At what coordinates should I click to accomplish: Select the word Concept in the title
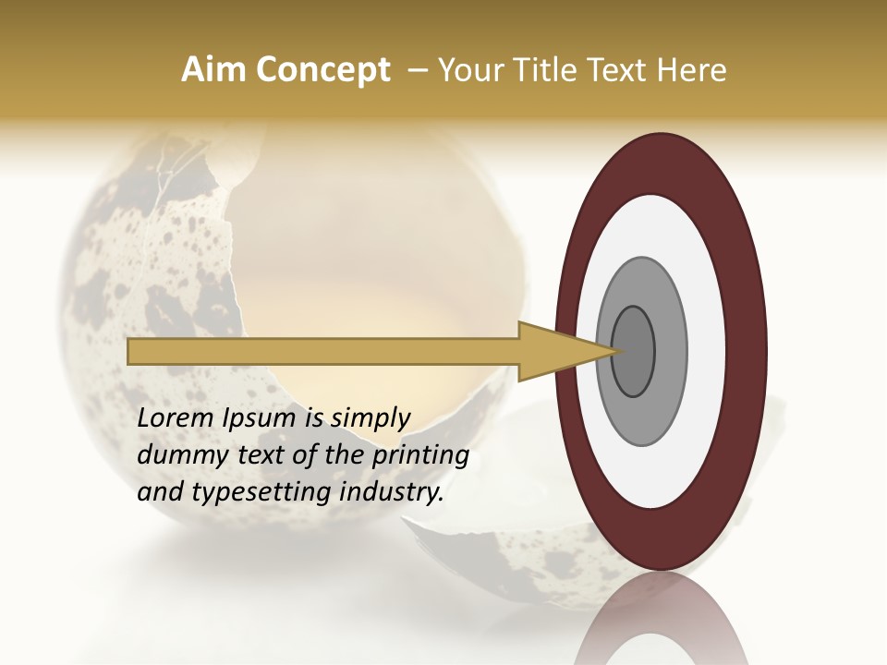coord(323,71)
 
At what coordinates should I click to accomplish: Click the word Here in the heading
coord(693,70)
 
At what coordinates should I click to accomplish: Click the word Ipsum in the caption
coord(261,419)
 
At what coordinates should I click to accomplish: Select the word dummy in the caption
coord(176,455)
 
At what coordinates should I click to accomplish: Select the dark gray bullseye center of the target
coord(634,351)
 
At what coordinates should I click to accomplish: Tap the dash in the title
coord(418,70)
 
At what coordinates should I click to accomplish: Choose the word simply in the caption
coord(369,419)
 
